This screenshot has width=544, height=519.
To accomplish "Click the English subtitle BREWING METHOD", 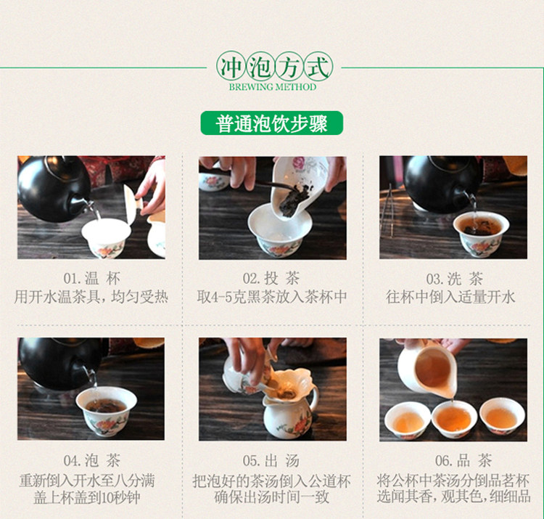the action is pyautogui.click(x=272, y=87).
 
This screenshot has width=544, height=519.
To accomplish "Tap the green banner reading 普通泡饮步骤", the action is pyautogui.click(x=272, y=123).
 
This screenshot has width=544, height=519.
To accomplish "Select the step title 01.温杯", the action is pyautogui.click(x=92, y=279).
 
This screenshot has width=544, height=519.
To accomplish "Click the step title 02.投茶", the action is pyautogui.click(x=271, y=279).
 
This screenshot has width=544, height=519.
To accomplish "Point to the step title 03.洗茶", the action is pyautogui.click(x=455, y=279).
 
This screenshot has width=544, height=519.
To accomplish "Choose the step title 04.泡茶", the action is pyautogui.click(x=92, y=461).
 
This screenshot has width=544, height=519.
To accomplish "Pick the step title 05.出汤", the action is pyautogui.click(x=271, y=461).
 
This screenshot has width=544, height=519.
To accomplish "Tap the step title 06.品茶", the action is pyautogui.click(x=463, y=461).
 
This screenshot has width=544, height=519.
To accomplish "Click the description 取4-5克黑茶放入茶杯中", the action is pyautogui.click(x=272, y=297).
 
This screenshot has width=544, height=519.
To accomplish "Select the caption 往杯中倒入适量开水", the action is pyautogui.click(x=450, y=297).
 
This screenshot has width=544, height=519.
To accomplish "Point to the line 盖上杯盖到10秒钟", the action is pyautogui.click(x=87, y=497).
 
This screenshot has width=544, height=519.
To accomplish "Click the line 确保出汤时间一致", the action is pyautogui.click(x=271, y=497).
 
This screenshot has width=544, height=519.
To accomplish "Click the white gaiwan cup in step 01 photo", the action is pyautogui.click(x=106, y=238).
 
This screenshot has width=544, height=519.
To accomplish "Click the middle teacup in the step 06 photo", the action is pyautogui.click(x=454, y=419).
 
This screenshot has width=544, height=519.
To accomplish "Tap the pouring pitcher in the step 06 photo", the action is pyautogui.click(x=427, y=369).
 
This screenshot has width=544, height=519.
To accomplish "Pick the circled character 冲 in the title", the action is pyautogui.click(x=231, y=67).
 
